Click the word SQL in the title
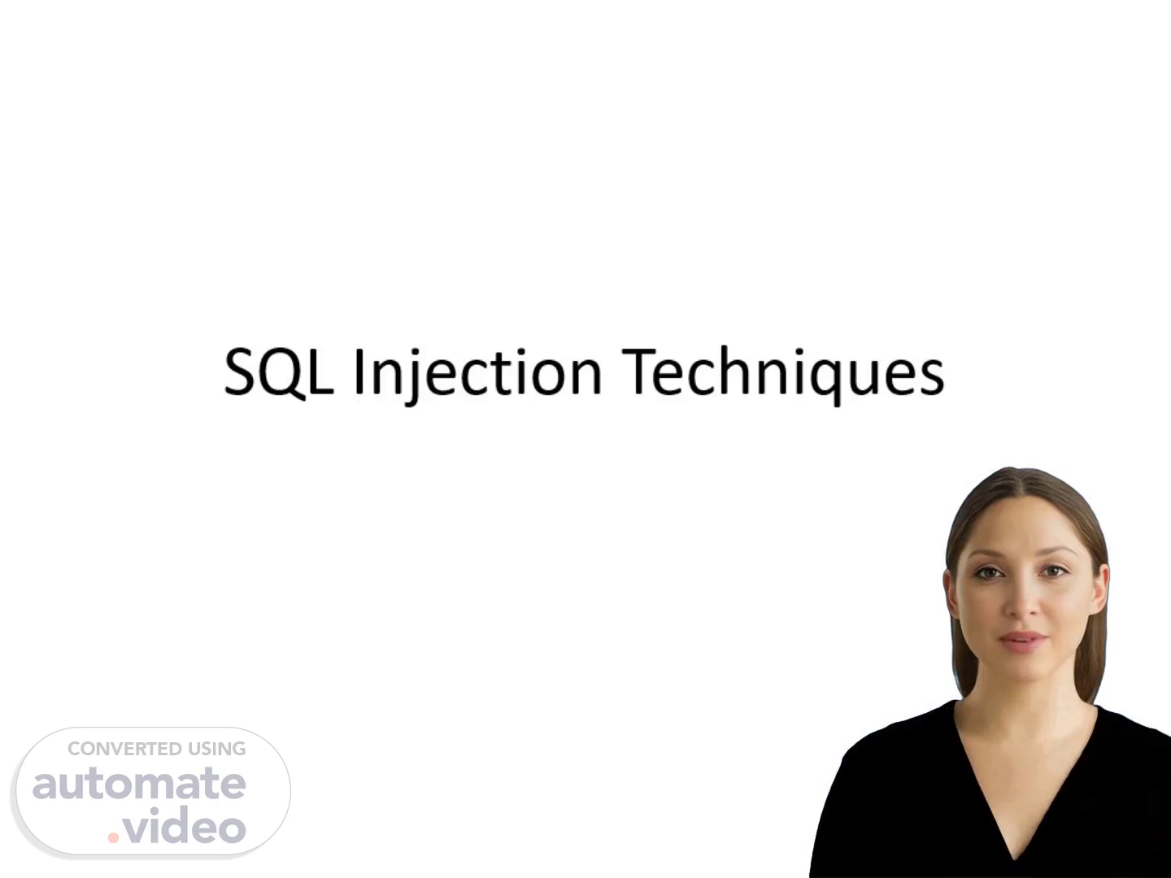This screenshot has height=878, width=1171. (278, 371)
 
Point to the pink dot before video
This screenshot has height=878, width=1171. (113, 837)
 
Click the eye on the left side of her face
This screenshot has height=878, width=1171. (988, 573)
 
